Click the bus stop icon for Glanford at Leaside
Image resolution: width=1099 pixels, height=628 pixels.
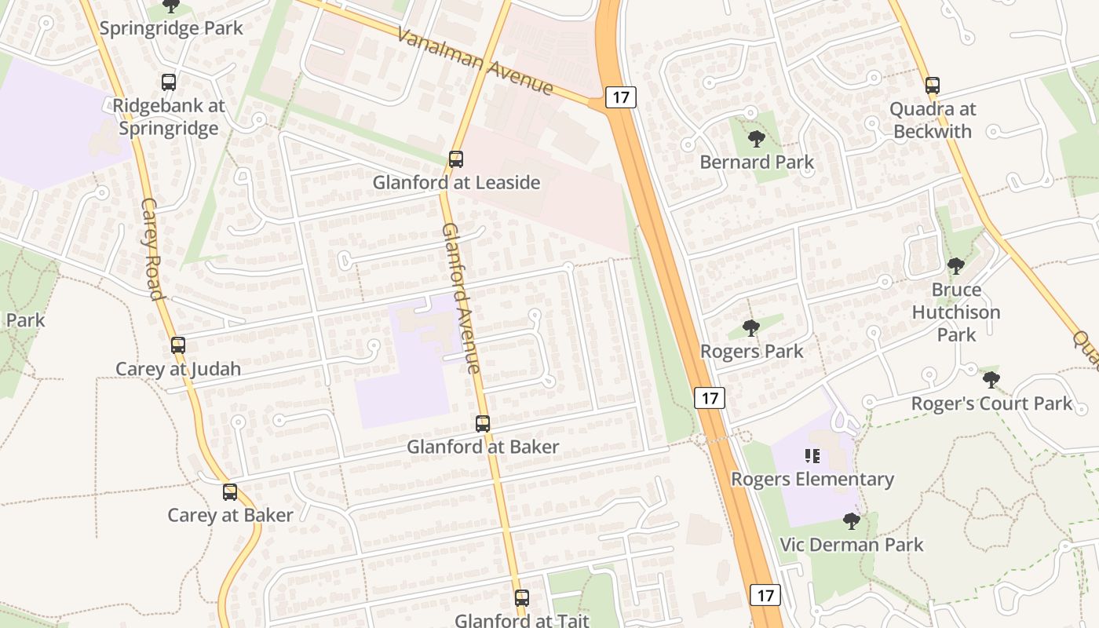point(455,159)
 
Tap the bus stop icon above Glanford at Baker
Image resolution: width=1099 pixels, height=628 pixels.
point(483,424)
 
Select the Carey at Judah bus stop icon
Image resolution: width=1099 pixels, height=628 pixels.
point(178,345)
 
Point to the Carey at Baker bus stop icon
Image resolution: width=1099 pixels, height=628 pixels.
point(230,492)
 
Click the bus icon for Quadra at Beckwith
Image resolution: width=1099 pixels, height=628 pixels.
point(933,86)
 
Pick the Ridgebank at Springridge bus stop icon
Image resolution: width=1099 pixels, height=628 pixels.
point(168,82)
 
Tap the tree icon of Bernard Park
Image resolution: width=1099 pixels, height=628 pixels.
point(757,140)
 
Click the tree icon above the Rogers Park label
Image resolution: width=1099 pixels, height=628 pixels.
point(751,328)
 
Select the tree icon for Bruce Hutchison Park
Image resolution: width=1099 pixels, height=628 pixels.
point(955,266)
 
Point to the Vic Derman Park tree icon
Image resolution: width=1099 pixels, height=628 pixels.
point(851,521)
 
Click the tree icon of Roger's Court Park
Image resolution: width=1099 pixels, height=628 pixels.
point(991,381)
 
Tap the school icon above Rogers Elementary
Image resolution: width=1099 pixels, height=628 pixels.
point(812,456)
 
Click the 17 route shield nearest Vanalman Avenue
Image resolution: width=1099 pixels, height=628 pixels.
point(621,97)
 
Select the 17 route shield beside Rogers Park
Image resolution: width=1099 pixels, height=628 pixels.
point(710,398)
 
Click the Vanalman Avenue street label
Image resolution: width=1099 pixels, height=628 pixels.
point(475,62)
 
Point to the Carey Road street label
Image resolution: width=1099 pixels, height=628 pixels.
point(152,249)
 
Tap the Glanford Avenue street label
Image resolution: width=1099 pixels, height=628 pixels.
point(461,298)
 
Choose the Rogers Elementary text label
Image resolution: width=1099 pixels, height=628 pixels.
point(812,479)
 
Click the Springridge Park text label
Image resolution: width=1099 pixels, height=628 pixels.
point(171,28)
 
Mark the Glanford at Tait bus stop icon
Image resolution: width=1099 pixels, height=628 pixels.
point(522,597)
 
